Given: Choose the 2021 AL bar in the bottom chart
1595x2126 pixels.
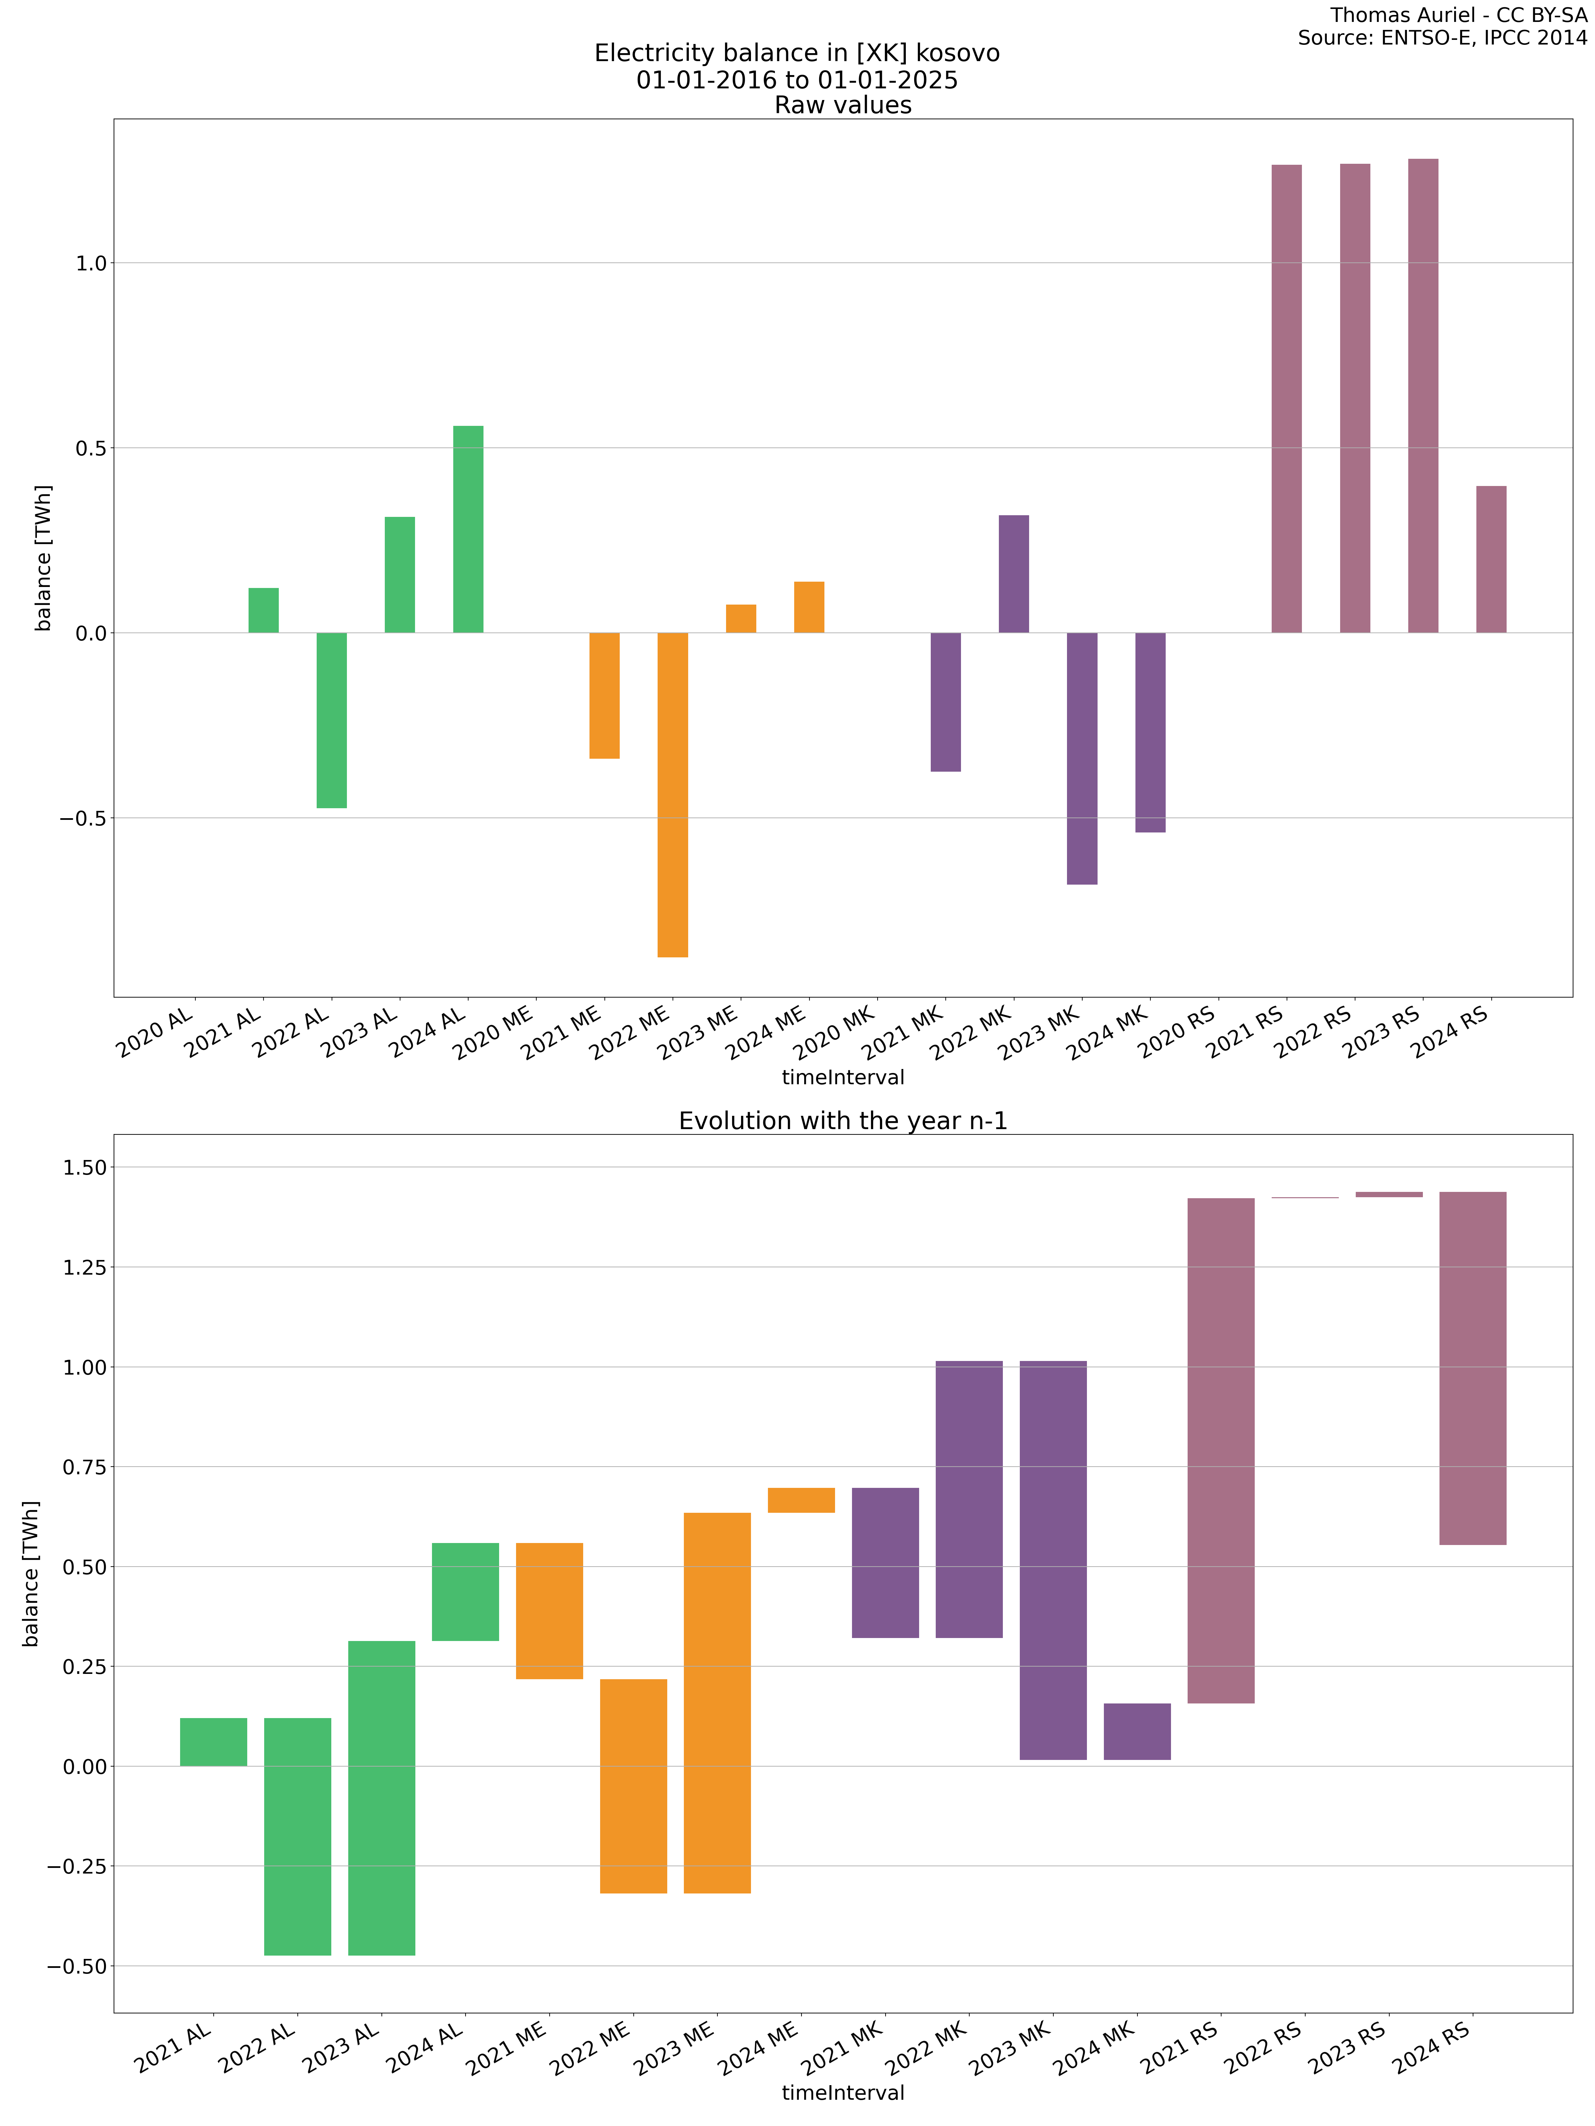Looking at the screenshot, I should [213, 1742].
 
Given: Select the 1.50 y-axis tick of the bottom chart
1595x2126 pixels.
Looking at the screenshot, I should [85, 1167].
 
